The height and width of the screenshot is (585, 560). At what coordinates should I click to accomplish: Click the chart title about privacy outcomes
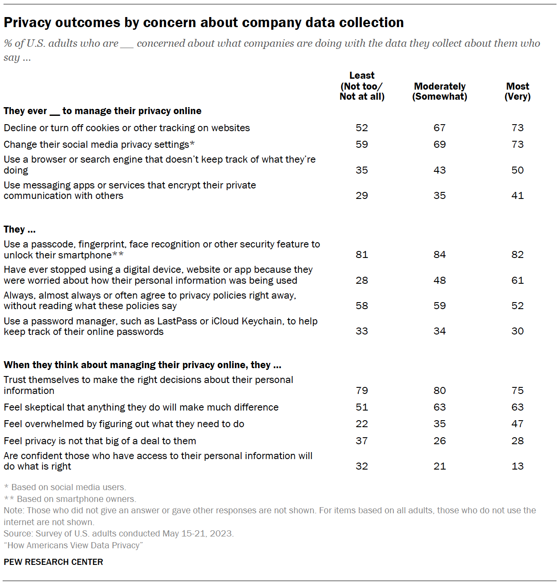[x=203, y=22]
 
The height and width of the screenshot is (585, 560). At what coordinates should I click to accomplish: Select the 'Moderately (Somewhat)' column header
[x=439, y=91]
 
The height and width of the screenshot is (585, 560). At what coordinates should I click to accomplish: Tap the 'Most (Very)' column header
[x=517, y=91]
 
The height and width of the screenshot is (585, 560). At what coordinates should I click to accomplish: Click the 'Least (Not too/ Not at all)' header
[x=362, y=86]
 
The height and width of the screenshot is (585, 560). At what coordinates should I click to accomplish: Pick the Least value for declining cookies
[x=362, y=128]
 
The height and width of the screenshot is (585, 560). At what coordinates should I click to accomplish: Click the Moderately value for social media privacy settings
[x=439, y=144]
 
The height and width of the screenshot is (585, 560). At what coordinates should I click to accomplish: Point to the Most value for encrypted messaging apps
[x=517, y=195]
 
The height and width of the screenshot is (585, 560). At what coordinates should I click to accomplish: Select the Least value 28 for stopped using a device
[x=362, y=280]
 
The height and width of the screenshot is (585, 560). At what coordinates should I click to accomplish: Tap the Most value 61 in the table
[x=517, y=280]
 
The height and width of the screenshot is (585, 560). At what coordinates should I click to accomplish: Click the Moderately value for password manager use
[x=439, y=331]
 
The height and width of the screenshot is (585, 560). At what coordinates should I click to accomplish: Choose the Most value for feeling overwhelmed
[x=517, y=424]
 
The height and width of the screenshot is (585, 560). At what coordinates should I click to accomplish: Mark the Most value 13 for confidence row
[x=517, y=466]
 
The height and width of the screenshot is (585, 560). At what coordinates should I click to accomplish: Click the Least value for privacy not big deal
[x=362, y=441]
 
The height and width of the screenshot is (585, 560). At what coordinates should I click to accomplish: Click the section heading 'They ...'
[x=20, y=230]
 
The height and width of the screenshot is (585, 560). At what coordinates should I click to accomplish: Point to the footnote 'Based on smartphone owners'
[x=76, y=499]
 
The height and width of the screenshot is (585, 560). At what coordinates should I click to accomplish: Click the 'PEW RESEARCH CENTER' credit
[x=53, y=562]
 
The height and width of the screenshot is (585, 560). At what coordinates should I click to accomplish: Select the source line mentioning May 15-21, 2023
[x=119, y=533]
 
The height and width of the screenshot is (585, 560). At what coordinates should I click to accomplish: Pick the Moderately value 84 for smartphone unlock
[x=439, y=254]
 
